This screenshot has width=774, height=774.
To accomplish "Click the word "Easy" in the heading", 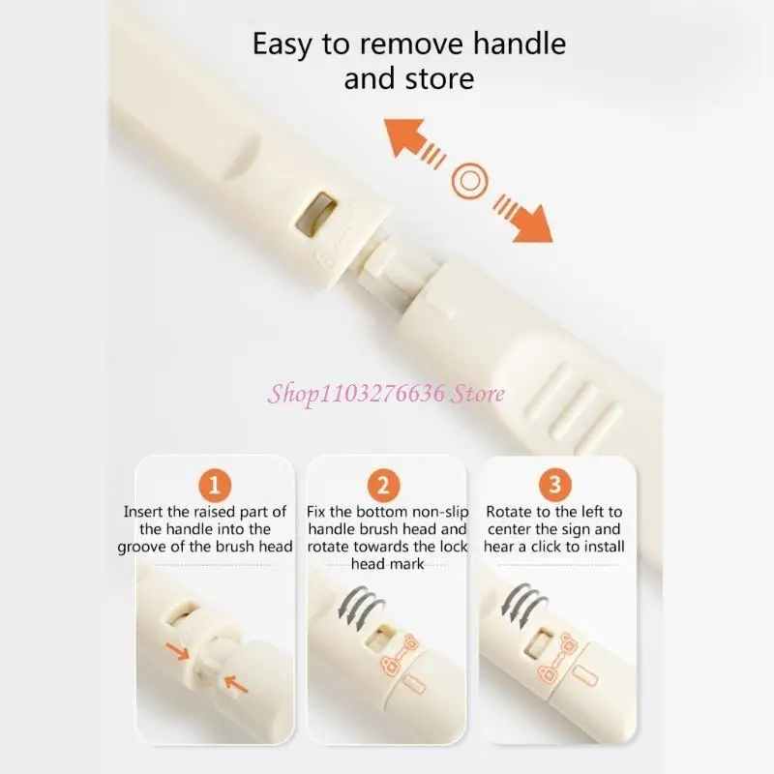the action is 283,45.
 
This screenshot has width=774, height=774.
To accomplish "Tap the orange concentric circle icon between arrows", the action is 469,181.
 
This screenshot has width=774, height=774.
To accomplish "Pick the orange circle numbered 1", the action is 215,486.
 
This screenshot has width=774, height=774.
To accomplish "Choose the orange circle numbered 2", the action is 383,486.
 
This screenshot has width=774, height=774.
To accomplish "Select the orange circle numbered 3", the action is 554,485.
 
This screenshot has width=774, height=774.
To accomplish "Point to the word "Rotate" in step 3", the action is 509,512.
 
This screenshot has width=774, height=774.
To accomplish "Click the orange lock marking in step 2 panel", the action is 400,654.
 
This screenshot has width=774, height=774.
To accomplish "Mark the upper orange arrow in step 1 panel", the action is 178,651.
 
